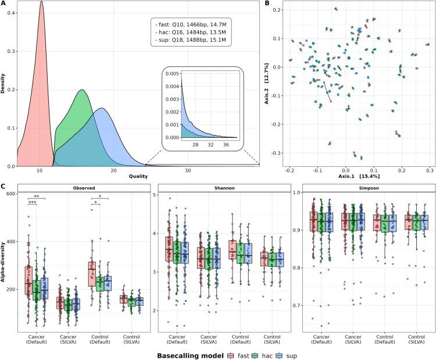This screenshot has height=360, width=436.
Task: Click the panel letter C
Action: pos(4,187)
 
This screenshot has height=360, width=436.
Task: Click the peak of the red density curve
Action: pos(41,2)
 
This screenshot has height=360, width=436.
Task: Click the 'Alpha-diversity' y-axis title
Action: pos(4,260)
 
